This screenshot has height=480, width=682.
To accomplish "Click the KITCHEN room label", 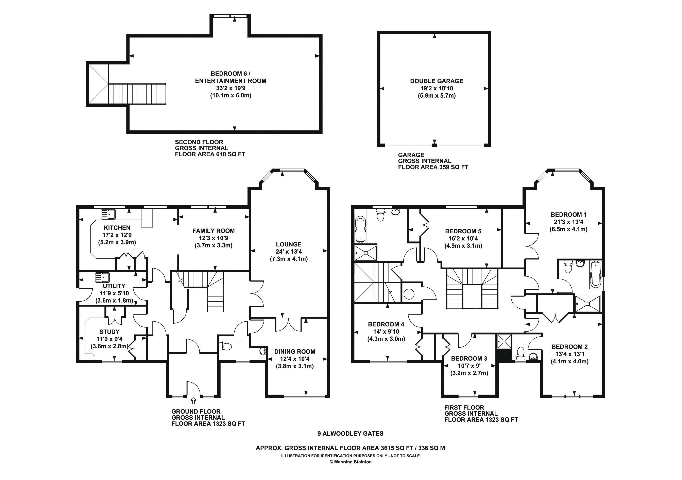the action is pos(117,228).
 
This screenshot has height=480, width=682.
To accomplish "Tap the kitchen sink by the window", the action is pos(108,214).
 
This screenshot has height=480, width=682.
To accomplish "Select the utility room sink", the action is pos(102,277).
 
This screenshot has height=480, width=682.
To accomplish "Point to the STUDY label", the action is pos(109,332).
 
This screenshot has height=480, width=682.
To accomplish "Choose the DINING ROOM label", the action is pos(295,352).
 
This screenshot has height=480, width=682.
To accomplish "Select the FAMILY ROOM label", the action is pos(213,231).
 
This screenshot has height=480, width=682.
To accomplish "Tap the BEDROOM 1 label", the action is pos(568,215).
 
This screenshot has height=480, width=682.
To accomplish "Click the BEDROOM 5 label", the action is pos(463,231).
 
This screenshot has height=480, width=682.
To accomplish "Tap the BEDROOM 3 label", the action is pos(469,358).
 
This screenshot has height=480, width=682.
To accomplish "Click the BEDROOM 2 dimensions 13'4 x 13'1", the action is pos(569,354).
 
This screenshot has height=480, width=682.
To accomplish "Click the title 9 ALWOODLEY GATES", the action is pos(351,434).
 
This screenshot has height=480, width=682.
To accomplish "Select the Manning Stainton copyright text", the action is pos(351,462).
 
